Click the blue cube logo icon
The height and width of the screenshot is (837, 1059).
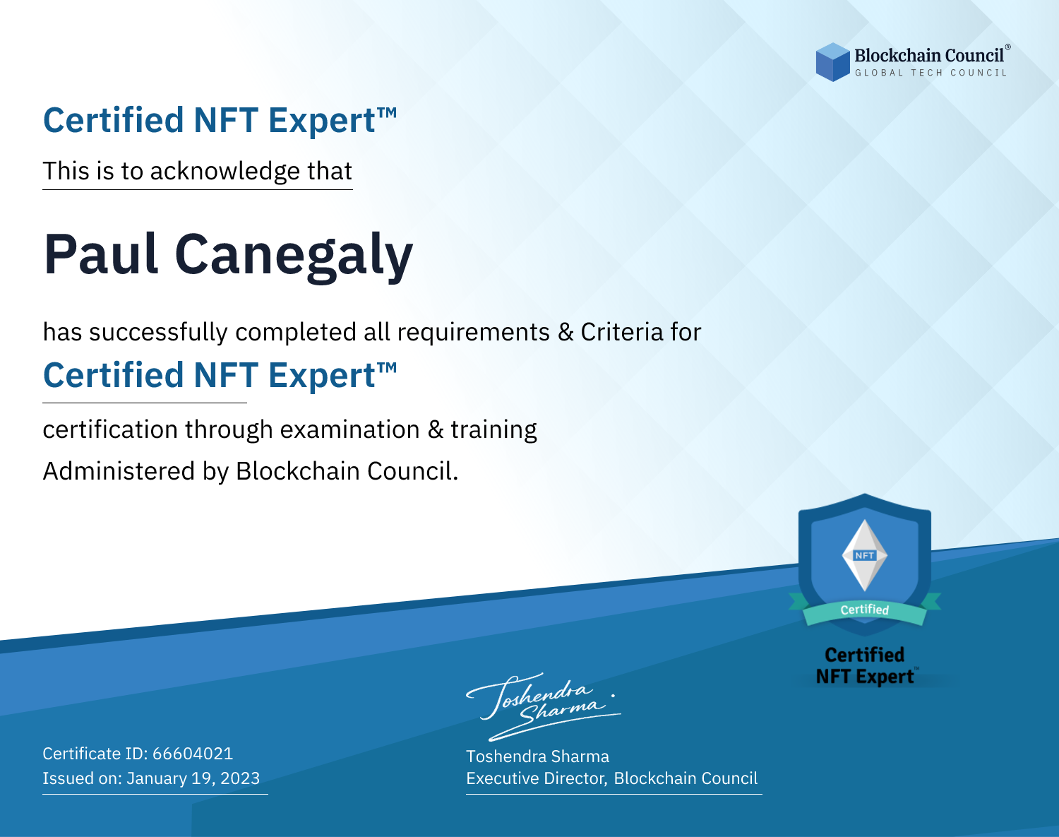[x=832, y=62]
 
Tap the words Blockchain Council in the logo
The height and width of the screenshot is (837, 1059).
[x=929, y=56]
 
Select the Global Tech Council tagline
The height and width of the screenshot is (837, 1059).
[x=931, y=73]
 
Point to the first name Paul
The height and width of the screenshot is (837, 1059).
[x=102, y=254]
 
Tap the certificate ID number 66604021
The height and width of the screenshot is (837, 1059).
[x=193, y=753]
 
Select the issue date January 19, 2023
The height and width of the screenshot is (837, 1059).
[x=193, y=778]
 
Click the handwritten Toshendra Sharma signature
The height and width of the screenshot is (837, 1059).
[x=544, y=706]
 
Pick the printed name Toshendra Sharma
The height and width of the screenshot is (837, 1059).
[x=537, y=756]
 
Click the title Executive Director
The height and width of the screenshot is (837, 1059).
[x=535, y=778]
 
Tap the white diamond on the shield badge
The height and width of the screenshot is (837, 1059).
[x=865, y=555]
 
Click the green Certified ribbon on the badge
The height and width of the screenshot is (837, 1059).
[x=865, y=610]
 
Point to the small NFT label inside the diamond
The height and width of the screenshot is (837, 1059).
[x=865, y=555]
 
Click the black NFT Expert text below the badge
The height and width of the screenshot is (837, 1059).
[x=865, y=677]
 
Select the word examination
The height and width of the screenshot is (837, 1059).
[x=350, y=429]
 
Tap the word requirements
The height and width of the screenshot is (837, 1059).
[x=474, y=332]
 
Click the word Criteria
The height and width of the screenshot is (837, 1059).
[x=621, y=332]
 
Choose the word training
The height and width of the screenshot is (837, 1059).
[x=494, y=430]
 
